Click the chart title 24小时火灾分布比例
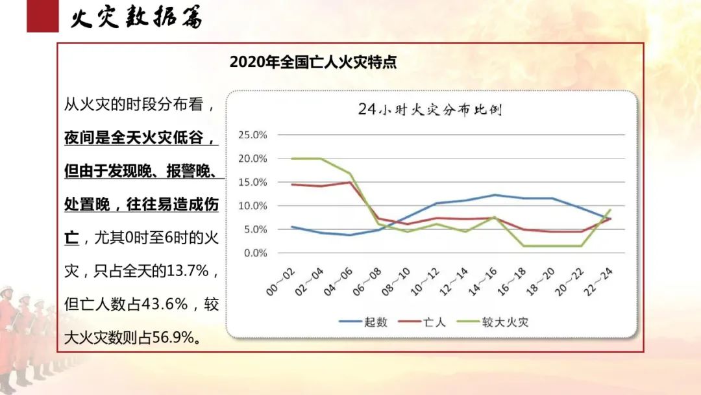(430, 110)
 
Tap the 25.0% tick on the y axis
(253, 135)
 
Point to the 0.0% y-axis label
(256, 253)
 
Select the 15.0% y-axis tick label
(253, 183)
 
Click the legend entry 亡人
(434, 322)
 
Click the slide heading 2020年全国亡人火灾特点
(313, 62)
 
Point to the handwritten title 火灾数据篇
(136, 18)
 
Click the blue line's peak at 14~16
(495, 195)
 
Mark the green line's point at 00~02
(293, 159)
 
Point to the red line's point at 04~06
(350, 183)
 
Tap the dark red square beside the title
(42, 16)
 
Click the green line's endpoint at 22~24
(609, 210)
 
